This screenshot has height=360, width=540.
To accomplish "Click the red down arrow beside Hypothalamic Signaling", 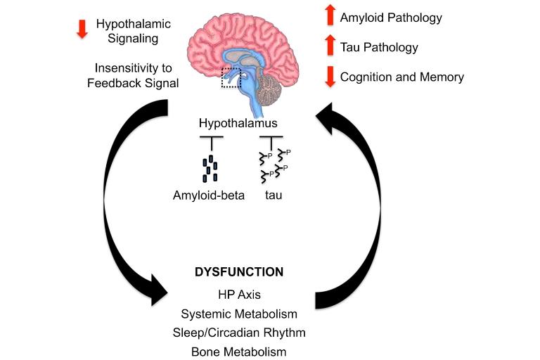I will click(82, 28).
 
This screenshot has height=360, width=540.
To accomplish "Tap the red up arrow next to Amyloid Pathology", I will click(328, 15).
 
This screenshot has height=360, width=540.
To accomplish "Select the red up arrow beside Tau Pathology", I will click(328, 46).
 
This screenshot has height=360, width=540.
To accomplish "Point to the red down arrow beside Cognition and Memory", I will click(328, 77).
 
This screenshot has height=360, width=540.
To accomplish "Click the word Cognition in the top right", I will click(366, 77).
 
